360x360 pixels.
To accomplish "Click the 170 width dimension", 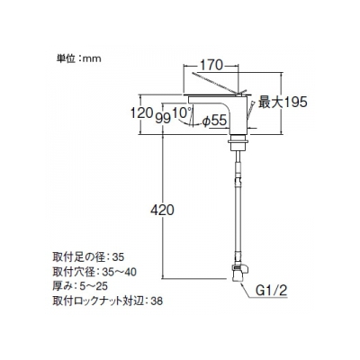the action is coord(211,66).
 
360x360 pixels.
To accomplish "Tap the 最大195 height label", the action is coord(283,103).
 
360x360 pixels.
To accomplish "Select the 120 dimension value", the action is coord(141,113).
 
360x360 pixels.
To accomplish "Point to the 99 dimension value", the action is coord(163,118).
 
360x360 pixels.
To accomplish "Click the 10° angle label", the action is coord(183,112).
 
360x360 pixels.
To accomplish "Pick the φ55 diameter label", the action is coord(214,121).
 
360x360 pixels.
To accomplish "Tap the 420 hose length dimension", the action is coord(162,211).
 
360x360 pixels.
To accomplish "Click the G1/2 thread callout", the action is coord(272,291).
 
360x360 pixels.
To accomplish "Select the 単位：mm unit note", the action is coord(79,58).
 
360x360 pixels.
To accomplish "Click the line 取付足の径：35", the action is coord(88,257).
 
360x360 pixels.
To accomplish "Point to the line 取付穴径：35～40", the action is coord(94,272).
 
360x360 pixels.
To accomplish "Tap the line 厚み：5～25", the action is coord(80,286).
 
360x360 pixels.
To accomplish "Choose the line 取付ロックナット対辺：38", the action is coord(107,301).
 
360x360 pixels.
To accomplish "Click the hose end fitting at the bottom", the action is coord(239,273).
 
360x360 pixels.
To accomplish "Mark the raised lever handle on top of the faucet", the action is coord(219,83).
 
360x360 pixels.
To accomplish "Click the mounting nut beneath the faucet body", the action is coord(238,144).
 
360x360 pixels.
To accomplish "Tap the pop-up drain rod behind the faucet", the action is coord(250,110).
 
